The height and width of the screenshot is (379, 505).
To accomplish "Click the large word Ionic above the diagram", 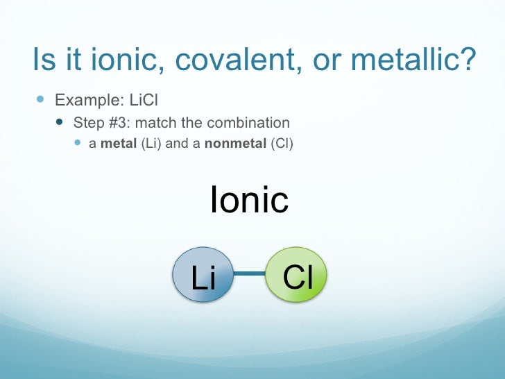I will pyautogui.click(x=249, y=201).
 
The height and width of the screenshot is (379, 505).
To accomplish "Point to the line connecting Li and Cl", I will pyautogui.click(x=250, y=273).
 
